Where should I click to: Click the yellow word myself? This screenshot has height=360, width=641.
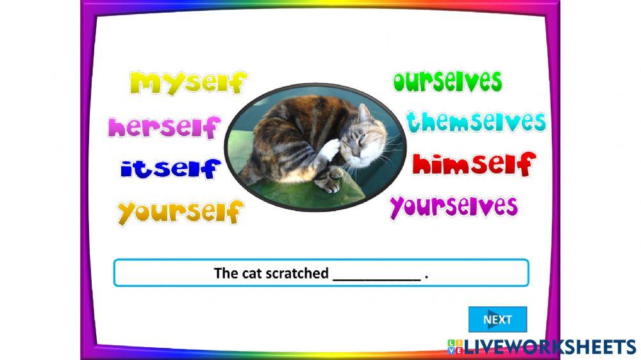pyautogui.click(x=188, y=83)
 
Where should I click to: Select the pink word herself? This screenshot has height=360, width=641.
pyautogui.click(x=164, y=127)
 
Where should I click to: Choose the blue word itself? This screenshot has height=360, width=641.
pyautogui.click(x=170, y=169)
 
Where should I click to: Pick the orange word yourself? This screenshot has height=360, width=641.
pyautogui.click(x=180, y=211)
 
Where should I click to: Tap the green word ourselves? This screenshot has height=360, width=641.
pyautogui.click(x=447, y=81)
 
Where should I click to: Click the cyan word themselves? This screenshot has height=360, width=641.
pyautogui.click(x=475, y=122)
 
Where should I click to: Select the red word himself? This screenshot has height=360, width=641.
pyautogui.click(x=472, y=165)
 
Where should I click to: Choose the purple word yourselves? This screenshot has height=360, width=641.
pyautogui.click(x=453, y=206)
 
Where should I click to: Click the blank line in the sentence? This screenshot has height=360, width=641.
pyautogui.click(x=376, y=274)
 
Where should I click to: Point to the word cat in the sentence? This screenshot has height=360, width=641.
pyautogui.click(x=253, y=274)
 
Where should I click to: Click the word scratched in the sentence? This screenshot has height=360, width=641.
pyautogui.click(x=298, y=274)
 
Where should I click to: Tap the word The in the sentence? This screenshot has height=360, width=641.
pyautogui.click(x=226, y=274)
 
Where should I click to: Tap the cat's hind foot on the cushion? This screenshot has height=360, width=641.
pyautogui.click(x=329, y=181)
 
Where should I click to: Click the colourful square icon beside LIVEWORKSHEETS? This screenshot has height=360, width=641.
pyautogui.click(x=455, y=347)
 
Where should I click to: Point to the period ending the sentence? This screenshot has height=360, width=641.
pyautogui.click(x=426, y=276)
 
